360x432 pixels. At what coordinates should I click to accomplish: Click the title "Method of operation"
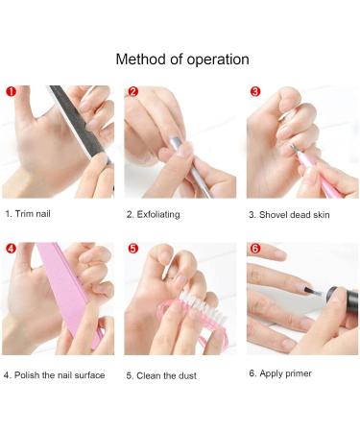[182, 60]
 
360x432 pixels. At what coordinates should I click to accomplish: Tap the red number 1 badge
[11, 92]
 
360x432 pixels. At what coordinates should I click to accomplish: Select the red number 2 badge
[133, 92]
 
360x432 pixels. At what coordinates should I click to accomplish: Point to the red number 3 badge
[255, 92]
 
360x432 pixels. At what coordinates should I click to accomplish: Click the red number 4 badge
[11, 249]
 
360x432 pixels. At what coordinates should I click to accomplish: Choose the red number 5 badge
[133, 249]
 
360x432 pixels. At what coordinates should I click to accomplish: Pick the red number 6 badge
[255, 249]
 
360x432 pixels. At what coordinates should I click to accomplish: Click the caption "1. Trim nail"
[28, 214]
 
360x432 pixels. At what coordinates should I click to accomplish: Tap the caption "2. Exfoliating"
[154, 214]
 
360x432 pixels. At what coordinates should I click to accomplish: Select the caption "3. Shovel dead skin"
[289, 215]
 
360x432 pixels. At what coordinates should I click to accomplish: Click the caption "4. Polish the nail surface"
[55, 375]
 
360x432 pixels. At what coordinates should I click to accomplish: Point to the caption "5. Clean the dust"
[161, 375]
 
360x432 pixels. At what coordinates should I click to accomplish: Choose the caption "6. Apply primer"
[280, 373]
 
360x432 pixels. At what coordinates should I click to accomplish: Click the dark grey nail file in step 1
[80, 124]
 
